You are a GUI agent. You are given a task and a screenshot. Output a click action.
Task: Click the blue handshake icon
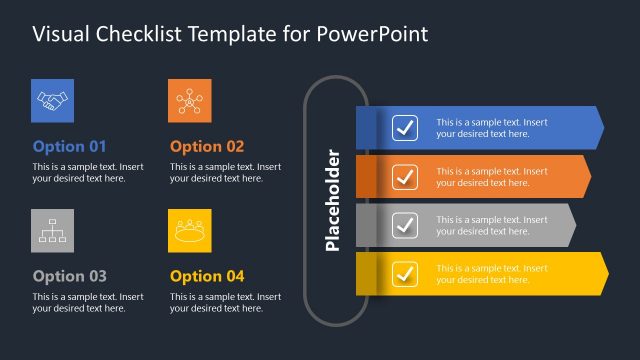[52, 100]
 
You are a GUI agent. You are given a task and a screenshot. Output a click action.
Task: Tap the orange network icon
[189, 100]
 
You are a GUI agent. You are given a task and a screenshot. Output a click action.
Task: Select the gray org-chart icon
[52, 231]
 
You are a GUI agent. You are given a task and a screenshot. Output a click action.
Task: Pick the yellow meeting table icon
[189, 231]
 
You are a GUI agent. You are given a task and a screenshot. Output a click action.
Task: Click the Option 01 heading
[69, 146]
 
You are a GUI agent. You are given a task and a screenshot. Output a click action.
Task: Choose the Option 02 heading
[207, 146]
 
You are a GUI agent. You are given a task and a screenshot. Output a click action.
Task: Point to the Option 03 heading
[69, 276]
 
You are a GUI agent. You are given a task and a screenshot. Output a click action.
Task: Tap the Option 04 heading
[207, 276]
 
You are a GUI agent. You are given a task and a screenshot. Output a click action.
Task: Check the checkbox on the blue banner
[405, 128]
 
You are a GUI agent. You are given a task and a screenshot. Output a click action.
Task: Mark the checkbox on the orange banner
[405, 176]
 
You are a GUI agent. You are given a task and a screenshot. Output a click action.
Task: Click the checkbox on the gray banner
[405, 225]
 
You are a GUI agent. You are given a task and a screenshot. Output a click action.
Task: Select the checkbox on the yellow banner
[405, 273]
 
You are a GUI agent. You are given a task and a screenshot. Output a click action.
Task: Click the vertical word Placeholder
[334, 200]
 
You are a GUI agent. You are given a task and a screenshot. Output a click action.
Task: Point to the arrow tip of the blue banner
[601, 128]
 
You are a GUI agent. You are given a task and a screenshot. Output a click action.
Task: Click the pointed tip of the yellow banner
[605, 273]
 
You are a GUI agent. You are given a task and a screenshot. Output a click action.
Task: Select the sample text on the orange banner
[491, 177]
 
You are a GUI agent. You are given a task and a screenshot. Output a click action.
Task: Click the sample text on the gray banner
[491, 225]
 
